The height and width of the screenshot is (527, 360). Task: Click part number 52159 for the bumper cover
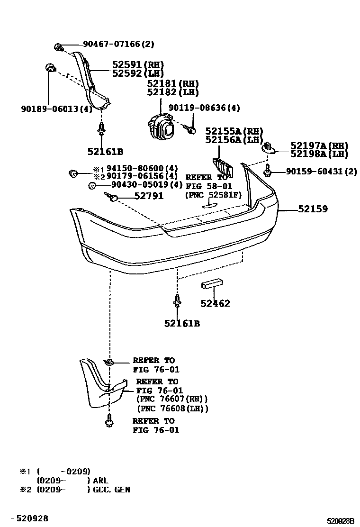(313, 209)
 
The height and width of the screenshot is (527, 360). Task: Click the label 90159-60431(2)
(321, 172)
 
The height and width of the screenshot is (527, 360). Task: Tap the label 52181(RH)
(172, 83)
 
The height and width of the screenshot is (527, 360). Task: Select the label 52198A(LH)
(319, 154)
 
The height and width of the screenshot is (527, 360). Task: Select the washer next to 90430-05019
(91, 185)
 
